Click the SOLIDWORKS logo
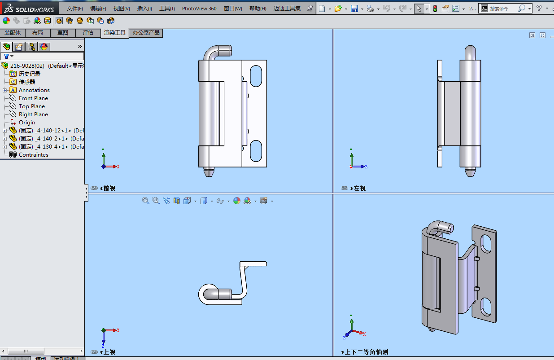[x=30, y=9]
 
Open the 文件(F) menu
[x=74, y=9]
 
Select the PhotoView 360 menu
[x=199, y=9]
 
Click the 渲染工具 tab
[x=115, y=33]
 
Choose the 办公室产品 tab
[x=146, y=33]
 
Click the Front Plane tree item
[x=33, y=98]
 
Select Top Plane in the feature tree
[x=31, y=106]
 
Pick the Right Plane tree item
[x=33, y=114]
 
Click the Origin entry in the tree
[x=26, y=123]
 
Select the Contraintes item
[x=33, y=155]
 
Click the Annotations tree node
[x=34, y=90]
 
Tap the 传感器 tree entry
[x=26, y=82]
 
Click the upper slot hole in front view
[x=256, y=76]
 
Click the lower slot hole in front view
[x=256, y=151]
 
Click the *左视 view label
[x=359, y=189]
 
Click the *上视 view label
[x=109, y=352]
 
